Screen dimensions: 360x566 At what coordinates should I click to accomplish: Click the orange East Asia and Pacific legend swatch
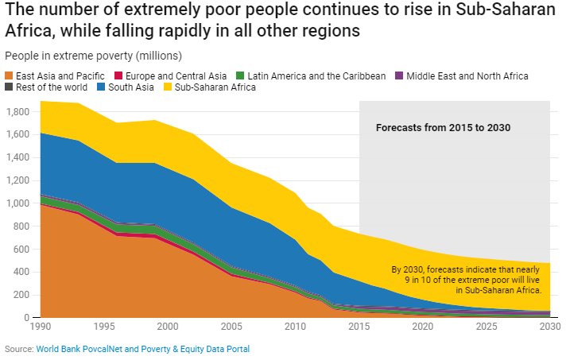[9, 76]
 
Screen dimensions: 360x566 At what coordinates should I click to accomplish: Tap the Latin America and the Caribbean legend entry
[316, 76]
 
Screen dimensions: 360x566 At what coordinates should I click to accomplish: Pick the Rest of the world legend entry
[46, 87]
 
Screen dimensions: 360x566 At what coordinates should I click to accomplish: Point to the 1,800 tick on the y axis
[17, 112]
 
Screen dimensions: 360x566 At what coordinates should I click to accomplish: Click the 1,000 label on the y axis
[17, 203]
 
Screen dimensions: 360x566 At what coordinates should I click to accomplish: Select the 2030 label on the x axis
[549, 327]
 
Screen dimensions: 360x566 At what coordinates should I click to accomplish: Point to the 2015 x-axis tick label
[360, 327]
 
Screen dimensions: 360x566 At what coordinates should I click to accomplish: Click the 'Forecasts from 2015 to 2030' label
[442, 127]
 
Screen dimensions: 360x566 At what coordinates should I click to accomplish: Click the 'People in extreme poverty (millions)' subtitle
[93, 56]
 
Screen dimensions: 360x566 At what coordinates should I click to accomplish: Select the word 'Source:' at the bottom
[18, 349]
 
